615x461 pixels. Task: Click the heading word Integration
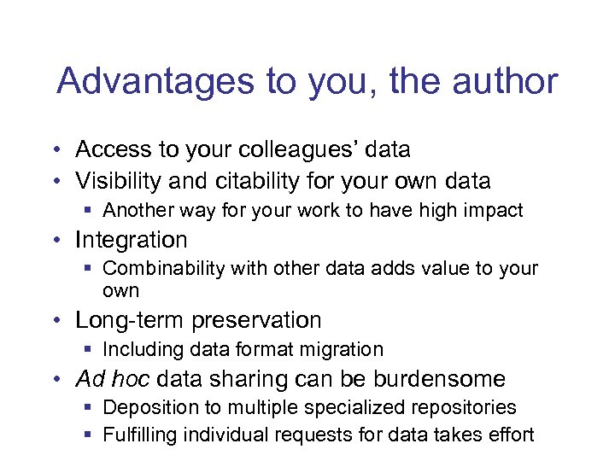pos(131,240)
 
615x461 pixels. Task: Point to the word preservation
pos(256,320)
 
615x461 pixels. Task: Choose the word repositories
pos(466,407)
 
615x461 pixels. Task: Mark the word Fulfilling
pos(138,435)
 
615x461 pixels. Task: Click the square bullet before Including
pos(89,350)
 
